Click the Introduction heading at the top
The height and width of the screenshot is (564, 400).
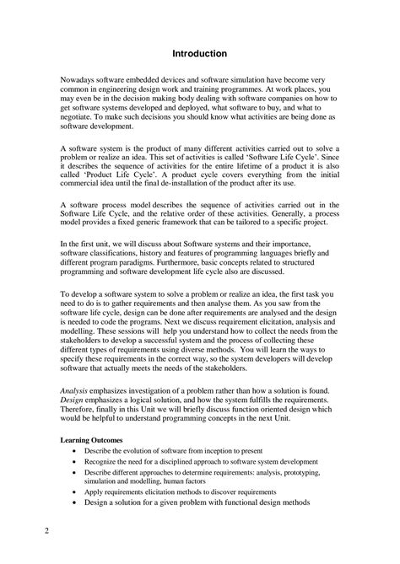[199, 53]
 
